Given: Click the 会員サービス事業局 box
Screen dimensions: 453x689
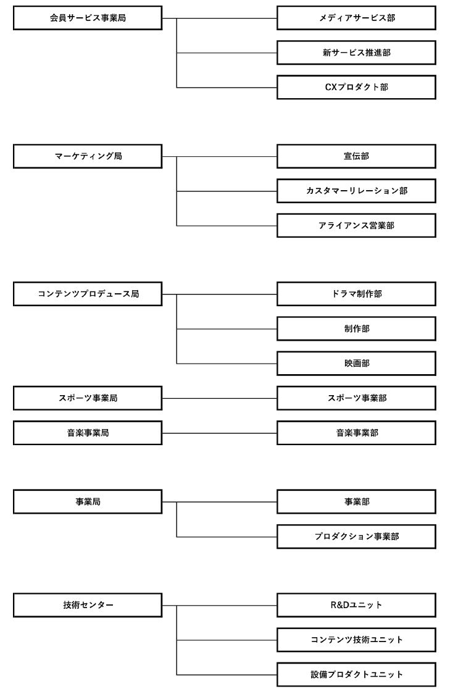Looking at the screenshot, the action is pos(88,18).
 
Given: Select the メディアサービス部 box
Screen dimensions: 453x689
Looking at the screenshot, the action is pos(356,18).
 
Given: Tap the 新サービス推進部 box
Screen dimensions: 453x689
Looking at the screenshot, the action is pos(356,52).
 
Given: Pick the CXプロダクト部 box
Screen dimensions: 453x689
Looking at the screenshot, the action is pos(356,88).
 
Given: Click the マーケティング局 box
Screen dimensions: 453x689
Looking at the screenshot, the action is pos(88,156).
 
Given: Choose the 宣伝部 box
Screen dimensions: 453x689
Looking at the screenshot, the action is pos(356,156).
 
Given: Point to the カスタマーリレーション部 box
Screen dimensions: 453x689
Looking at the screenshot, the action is pos(356,191).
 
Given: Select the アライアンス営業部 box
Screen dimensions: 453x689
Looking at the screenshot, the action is pos(356,226).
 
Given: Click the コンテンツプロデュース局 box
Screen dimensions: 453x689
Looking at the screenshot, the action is pos(88,294).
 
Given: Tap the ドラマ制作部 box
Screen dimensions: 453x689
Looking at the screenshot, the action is pos(356,294).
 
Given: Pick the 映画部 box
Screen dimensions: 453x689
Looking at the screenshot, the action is pos(356,364).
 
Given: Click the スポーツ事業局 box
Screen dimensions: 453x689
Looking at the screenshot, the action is pos(88,399).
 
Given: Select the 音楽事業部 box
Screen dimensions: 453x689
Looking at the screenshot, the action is pos(356,433).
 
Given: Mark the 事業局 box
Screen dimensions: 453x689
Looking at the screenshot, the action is pos(88,502).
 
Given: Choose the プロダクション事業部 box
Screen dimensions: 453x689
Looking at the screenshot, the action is pos(356,537).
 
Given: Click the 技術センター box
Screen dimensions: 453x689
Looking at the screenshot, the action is pos(88,606).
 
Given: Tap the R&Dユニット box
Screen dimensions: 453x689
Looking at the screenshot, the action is pos(356,606).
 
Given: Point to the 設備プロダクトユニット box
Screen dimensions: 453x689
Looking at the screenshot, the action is pos(356,675).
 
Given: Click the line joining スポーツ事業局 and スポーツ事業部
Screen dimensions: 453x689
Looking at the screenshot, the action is pos(220,399).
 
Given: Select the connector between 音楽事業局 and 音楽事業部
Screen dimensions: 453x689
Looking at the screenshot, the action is pos(220,433).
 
